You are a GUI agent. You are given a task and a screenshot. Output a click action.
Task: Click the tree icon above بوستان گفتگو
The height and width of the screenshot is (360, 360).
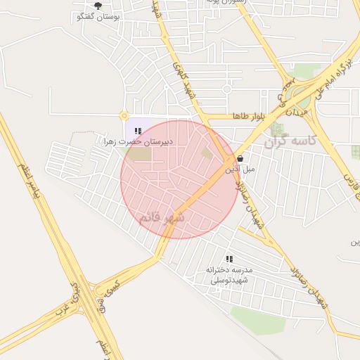98,6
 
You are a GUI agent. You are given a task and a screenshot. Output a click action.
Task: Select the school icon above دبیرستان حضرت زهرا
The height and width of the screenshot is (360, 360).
139,131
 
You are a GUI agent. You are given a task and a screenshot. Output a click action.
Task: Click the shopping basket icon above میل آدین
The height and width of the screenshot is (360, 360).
241,159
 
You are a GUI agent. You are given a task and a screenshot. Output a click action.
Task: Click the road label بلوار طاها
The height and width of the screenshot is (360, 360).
249,116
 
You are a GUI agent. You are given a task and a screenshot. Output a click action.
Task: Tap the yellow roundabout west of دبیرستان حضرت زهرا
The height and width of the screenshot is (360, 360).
124,115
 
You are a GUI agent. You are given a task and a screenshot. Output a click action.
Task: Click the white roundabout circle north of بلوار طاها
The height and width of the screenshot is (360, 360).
226,89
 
